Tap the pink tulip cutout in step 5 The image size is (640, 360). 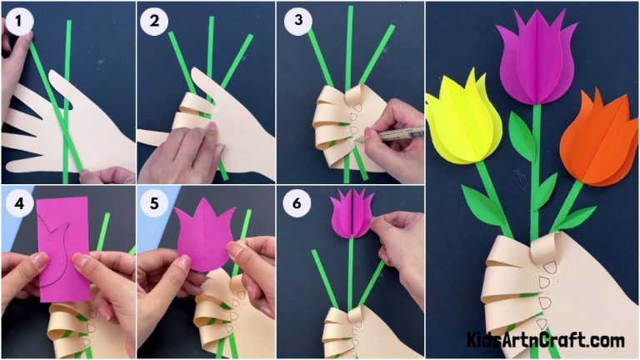203,235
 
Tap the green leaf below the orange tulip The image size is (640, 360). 577,218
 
